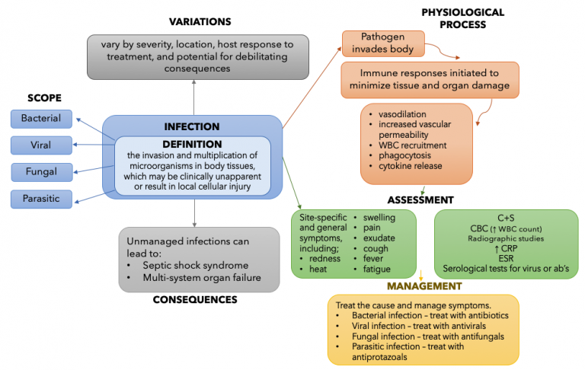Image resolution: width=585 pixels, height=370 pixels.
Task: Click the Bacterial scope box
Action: click(42, 118)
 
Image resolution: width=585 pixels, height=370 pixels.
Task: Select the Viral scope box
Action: click(42, 145)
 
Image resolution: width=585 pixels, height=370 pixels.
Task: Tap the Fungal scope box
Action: click(42, 171)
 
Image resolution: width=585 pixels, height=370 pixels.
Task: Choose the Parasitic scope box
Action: click(42, 199)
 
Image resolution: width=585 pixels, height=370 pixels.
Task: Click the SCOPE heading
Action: click(43, 98)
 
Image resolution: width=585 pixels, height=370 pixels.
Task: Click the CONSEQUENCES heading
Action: click(194, 299)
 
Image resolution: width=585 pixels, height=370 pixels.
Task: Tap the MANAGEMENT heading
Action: click(424, 286)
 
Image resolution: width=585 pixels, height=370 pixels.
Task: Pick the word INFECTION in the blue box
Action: click(192, 126)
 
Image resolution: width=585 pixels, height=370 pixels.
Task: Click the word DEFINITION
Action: click(192, 144)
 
